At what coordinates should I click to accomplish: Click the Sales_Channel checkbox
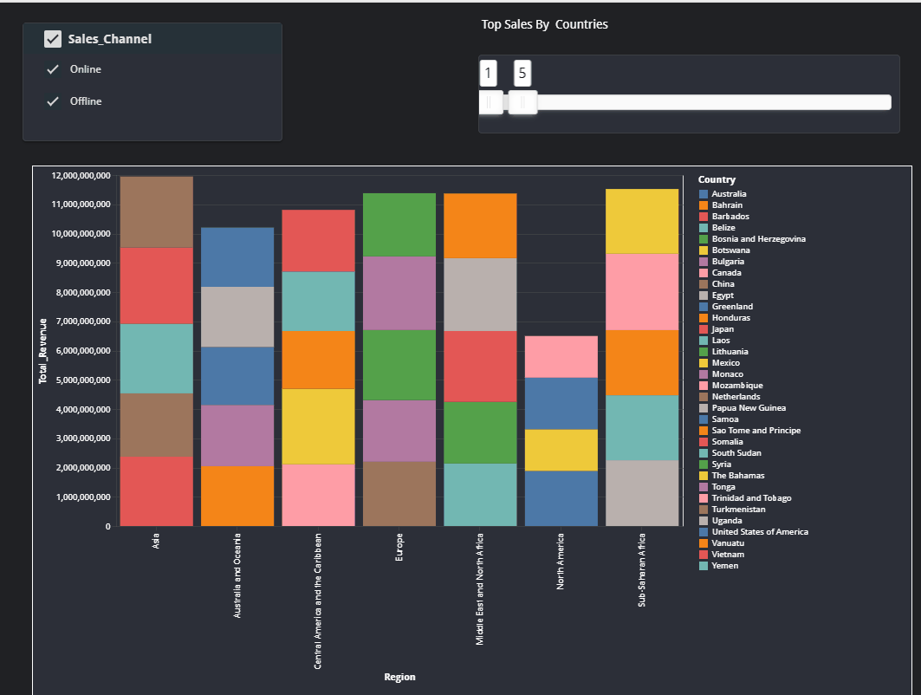coord(53,39)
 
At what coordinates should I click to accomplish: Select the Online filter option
coord(85,69)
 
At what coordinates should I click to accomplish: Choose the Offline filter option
coord(85,101)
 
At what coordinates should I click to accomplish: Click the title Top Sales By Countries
coord(544,24)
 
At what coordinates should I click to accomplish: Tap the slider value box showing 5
coord(522,74)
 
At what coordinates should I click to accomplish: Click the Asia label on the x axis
coord(156,542)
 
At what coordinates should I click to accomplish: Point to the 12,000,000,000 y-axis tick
coord(81,176)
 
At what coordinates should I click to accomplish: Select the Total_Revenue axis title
coord(42,350)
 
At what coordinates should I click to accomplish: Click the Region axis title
coord(399,677)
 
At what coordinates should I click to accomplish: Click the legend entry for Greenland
coord(731,307)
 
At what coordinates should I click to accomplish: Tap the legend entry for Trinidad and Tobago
coord(750,498)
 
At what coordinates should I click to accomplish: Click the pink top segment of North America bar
coord(561,356)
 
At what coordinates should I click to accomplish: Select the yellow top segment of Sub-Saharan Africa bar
coord(640,221)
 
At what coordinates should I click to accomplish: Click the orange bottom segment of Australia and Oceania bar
coord(237,496)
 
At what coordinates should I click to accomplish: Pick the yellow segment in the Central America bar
coord(317,425)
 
